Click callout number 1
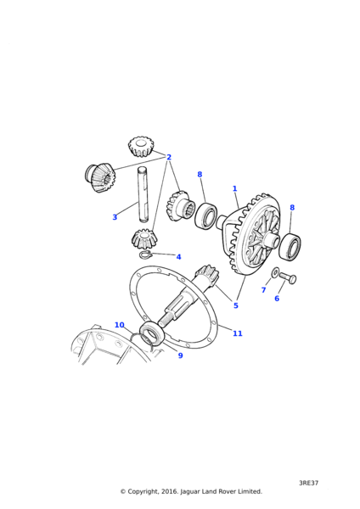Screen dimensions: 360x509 click(x=234, y=188)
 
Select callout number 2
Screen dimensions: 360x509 click(x=169, y=157)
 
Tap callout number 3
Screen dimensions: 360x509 click(x=115, y=217)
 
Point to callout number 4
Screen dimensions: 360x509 click(x=178, y=257)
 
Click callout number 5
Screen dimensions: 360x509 click(x=236, y=305)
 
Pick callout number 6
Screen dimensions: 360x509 click(x=277, y=299)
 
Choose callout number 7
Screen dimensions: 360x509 click(x=264, y=290)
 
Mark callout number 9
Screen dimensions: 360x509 click(x=180, y=355)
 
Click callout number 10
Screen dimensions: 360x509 click(x=120, y=325)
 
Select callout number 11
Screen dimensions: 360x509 click(x=238, y=333)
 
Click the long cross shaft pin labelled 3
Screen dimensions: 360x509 click(x=143, y=194)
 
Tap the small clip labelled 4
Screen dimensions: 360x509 click(x=144, y=255)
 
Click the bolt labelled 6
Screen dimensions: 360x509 click(x=288, y=277)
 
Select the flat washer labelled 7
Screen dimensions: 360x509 click(x=275, y=272)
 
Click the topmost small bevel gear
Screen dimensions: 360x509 click(x=140, y=147)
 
